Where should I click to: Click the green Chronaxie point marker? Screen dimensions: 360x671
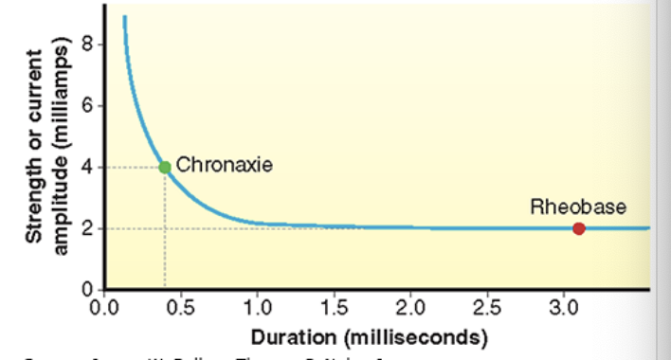click(x=165, y=167)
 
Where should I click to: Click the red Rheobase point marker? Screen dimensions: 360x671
click(x=579, y=228)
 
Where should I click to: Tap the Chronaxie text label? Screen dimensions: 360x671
click(x=225, y=166)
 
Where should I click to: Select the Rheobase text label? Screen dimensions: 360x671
click(x=577, y=207)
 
